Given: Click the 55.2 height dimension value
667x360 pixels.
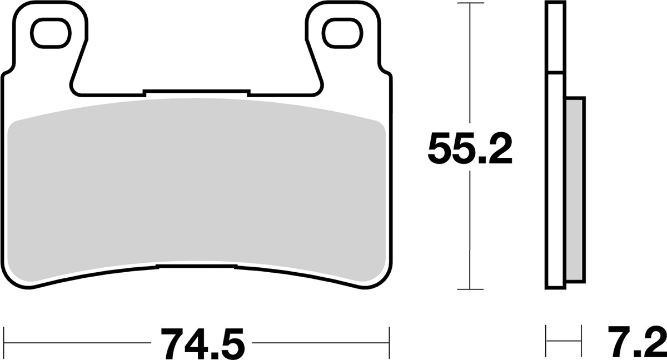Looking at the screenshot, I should [x=470, y=148].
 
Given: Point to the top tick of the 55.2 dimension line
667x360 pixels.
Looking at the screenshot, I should [x=470, y=4].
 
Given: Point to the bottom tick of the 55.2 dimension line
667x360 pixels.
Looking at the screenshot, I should [x=470, y=289].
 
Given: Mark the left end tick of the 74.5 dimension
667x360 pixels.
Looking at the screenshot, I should [x=4, y=337].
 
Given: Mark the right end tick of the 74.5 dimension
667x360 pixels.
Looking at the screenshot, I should [x=390, y=337].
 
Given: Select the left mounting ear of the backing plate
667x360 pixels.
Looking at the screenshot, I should [x=51, y=50].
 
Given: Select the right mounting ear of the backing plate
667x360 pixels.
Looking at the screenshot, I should [x=340, y=50].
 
